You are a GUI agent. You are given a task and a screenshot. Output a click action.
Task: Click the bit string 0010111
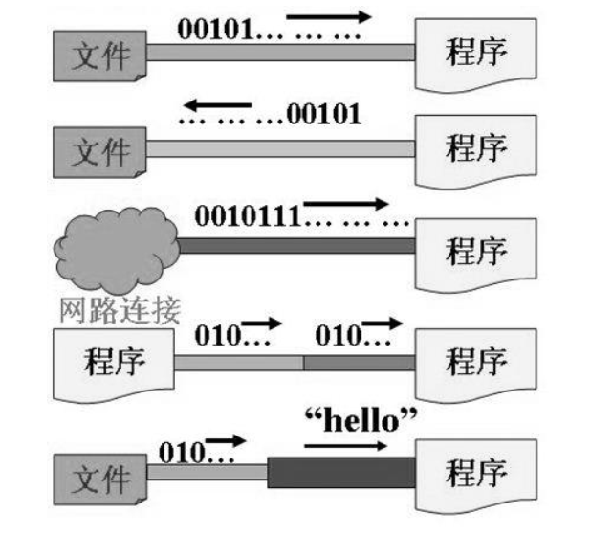(248, 213)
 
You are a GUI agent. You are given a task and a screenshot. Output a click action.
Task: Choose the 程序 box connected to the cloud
(474, 251)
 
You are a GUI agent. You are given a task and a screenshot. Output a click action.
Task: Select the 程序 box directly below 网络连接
(114, 362)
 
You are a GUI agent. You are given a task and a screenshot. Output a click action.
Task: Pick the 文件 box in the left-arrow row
(100, 148)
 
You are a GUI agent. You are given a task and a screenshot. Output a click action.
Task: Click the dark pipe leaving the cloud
(296, 246)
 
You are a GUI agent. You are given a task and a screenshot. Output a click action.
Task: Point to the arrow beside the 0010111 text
(347, 203)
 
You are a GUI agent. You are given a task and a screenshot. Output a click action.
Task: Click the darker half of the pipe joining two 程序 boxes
(360, 363)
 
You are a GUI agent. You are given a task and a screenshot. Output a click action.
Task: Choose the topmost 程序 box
(474, 52)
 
